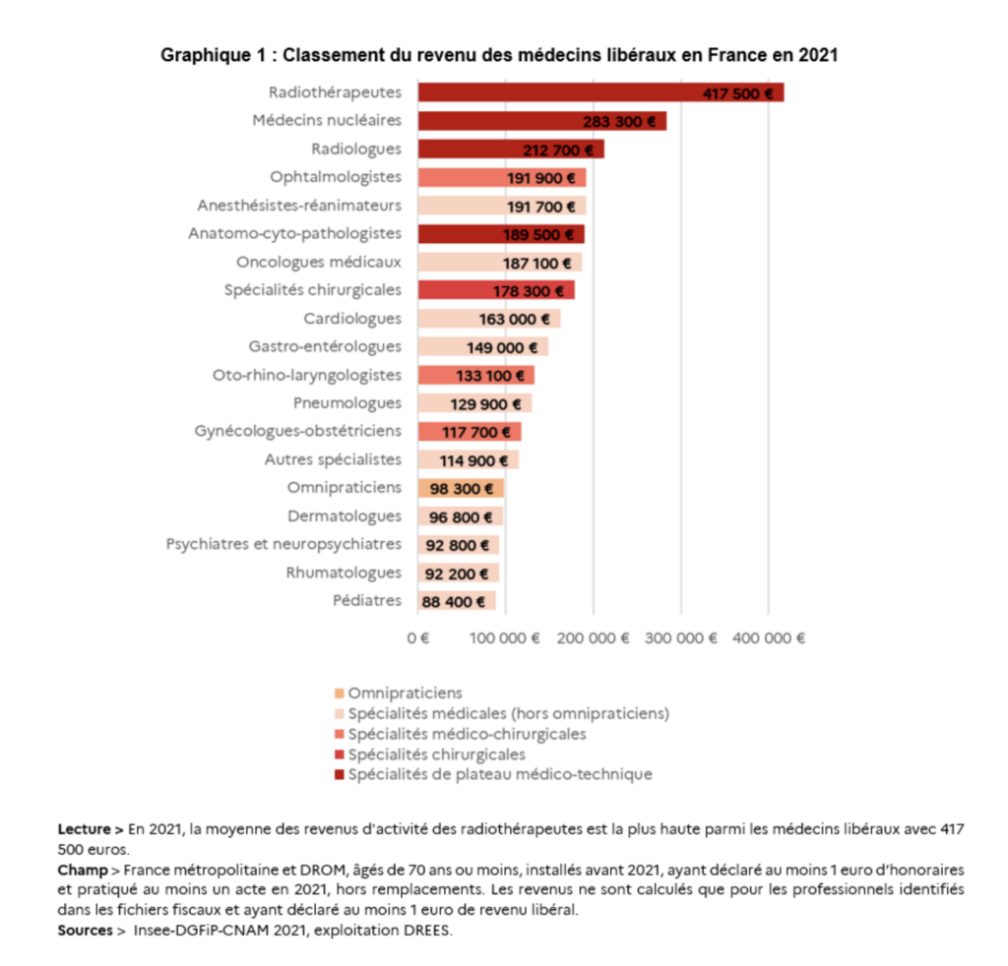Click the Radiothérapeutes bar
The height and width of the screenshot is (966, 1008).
coord(600,92)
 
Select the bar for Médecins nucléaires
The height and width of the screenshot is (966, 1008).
coord(542,121)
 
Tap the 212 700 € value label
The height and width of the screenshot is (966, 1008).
coord(558,151)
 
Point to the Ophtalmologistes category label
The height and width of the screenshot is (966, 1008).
coord(335,177)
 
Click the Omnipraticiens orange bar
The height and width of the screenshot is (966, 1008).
coord(461,488)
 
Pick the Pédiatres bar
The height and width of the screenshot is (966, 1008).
coord(457,601)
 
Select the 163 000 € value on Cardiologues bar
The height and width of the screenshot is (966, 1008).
coord(514,320)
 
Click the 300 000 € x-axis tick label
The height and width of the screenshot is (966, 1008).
coord(681,637)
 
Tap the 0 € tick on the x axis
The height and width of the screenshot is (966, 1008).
coord(418,637)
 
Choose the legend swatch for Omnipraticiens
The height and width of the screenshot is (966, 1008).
coord(340,694)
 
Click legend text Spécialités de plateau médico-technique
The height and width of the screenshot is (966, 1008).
coord(500,774)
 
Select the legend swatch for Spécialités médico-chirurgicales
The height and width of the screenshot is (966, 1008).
coord(340,734)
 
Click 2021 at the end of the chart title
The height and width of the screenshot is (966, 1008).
coord(818,55)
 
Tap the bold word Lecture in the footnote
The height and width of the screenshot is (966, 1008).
coord(85,829)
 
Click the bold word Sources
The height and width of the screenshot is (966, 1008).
coord(85,930)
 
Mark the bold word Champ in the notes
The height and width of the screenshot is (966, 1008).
coord(83,871)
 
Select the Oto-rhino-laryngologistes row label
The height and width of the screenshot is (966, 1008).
coord(307,375)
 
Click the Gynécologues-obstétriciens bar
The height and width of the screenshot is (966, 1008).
coord(470,432)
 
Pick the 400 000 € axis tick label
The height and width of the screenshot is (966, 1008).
coord(768,637)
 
